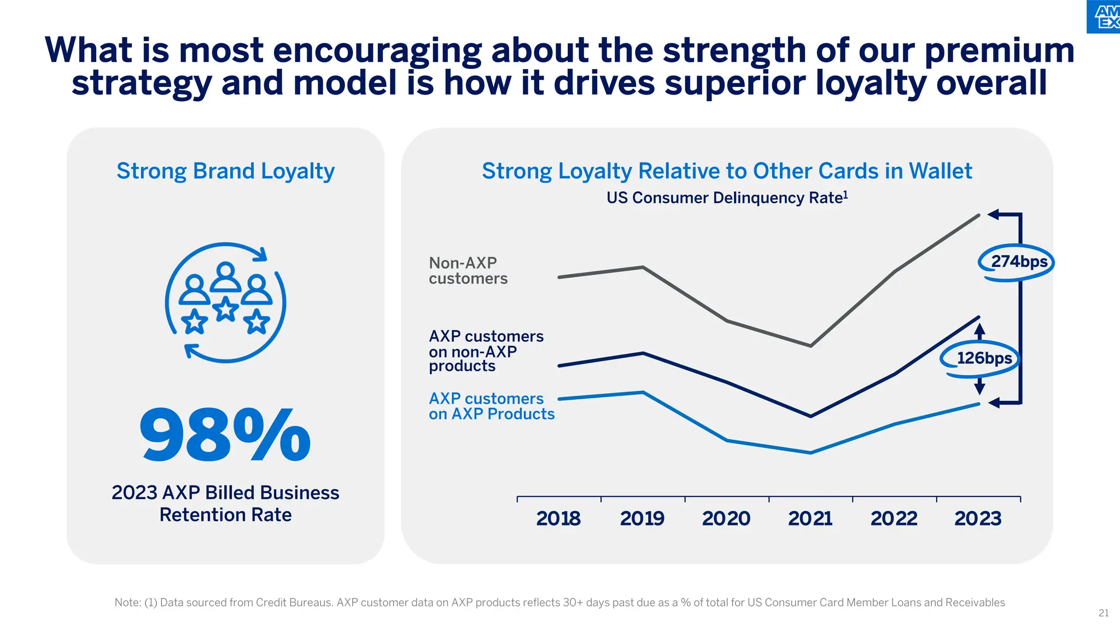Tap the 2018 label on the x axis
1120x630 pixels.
click(x=558, y=518)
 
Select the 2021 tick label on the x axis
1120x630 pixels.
click(x=810, y=518)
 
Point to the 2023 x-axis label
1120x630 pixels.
click(x=978, y=518)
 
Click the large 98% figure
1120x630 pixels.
click(x=225, y=435)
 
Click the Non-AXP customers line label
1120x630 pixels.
click(x=468, y=271)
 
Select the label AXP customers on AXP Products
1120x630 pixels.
click(x=491, y=406)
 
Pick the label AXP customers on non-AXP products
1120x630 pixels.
click(x=486, y=351)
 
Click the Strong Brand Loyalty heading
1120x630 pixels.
click(x=225, y=171)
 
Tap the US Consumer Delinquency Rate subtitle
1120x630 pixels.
click(x=726, y=198)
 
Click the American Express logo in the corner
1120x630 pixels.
click(x=1105, y=16)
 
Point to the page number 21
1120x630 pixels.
click(x=1104, y=613)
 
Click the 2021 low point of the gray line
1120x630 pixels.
click(x=810, y=346)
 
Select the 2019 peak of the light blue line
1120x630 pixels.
click(x=643, y=392)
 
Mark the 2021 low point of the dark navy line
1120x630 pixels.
click(x=810, y=416)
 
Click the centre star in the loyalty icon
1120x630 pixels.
click(x=225, y=309)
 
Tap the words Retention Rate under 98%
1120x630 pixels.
click(x=225, y=515)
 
